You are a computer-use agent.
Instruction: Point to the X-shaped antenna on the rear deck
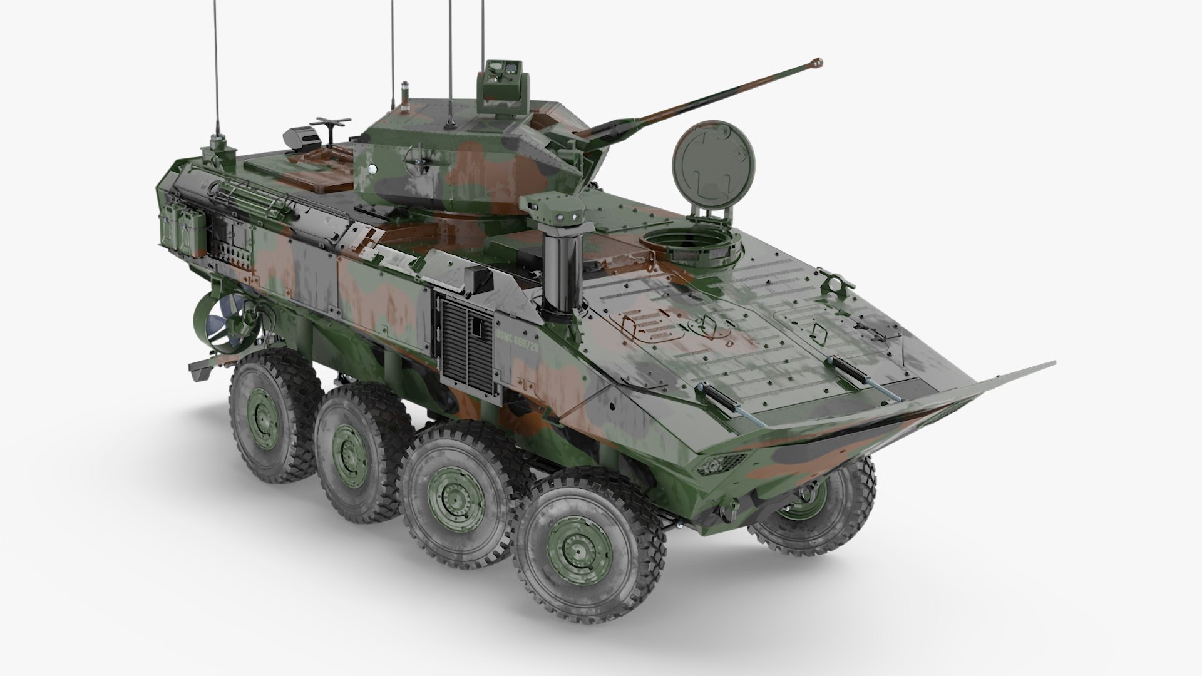coord(332,124)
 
